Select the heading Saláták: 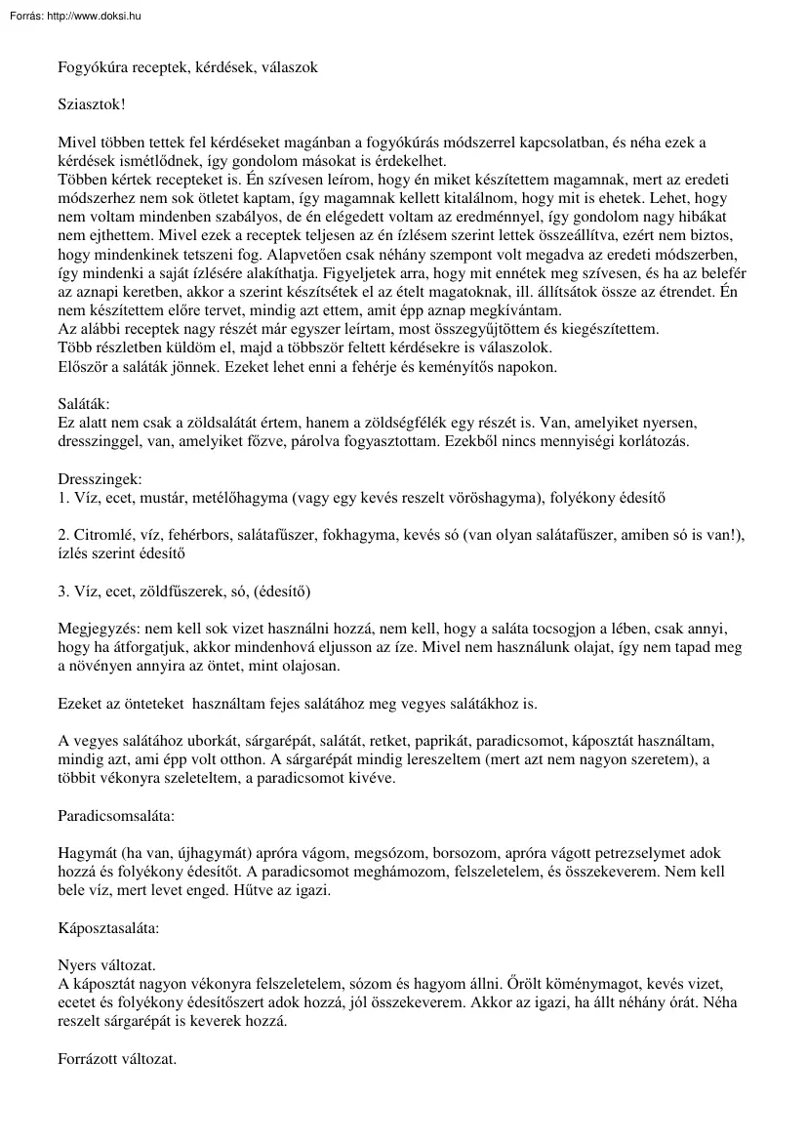click(x=84, y=403)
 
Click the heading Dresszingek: click(x=100, y=479)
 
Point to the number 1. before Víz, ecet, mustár click(x=63, y=498)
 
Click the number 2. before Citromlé click(x=63, y=536)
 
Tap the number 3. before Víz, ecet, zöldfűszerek click(x=63, y=591)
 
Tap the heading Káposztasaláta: click(x=108, y=926)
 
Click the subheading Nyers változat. click(x=106, y=963)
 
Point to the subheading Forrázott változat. click(x=117, y=1058)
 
